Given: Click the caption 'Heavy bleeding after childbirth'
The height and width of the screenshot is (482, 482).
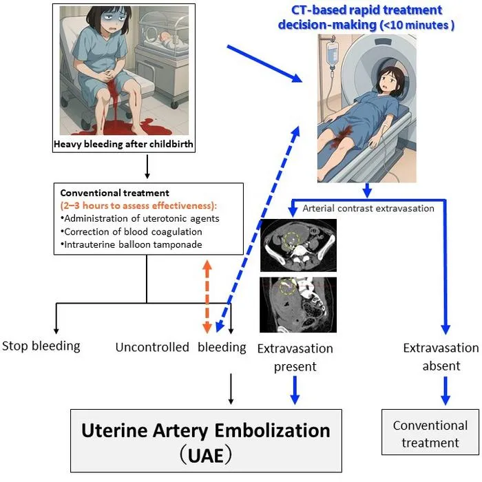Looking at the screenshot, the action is (x=123, y=144).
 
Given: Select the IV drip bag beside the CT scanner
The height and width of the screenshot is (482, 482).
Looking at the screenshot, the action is (x=332, y=54).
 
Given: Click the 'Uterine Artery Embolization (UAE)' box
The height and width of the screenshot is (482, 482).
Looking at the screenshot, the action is (x=206, y=441).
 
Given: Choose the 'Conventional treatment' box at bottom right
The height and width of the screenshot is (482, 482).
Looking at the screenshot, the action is (x=430, y=432).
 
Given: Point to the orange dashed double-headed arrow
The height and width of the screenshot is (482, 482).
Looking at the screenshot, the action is (x=207, y=297).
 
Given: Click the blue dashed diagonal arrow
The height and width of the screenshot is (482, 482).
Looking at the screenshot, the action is (x=258, y=229).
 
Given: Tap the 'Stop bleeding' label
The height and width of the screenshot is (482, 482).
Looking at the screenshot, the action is (x=41, y=346).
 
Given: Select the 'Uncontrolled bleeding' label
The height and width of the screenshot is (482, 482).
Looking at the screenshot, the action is (x=180, y=347).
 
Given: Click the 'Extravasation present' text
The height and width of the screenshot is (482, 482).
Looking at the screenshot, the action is (x=295, y=357).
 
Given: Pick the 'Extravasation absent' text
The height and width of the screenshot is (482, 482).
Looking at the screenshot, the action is (x=441, y=357).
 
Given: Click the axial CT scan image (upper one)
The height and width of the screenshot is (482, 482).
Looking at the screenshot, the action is (x=298, y=245).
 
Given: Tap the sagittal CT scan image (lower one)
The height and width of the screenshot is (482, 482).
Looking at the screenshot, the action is (x=298, y=304).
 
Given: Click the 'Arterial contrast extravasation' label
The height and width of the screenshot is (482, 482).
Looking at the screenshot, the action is (x=368, y=209).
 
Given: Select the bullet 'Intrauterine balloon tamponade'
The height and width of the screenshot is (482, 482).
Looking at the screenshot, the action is (x=132, y=244).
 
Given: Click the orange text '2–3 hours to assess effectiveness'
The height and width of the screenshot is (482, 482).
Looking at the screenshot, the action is (x=138, y=205).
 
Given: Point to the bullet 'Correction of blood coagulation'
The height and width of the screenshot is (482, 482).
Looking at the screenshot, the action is (x=132, y=231).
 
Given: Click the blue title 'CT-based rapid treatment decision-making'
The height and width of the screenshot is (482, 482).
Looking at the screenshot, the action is (x=366, y=17).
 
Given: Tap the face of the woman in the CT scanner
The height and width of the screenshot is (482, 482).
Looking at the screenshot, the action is (x=388, y=82).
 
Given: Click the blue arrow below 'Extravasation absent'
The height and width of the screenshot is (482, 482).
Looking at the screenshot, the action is (x=446, y=390).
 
